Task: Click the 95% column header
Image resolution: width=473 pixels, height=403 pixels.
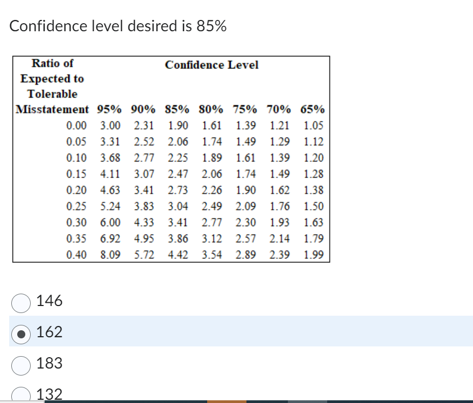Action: click(109, 110)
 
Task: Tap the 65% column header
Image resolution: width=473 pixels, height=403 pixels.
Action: click(313, 110)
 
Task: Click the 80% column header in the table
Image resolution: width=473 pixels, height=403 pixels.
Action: click(211, 110)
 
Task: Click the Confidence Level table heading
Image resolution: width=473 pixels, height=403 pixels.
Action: click(211, 65)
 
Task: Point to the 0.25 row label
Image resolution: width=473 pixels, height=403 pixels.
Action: click(76, 206)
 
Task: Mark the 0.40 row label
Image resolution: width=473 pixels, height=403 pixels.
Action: click(76, 254)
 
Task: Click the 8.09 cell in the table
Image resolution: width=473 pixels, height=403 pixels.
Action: click(110, 254)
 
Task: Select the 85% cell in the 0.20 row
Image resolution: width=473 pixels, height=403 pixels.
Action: click(178, 190)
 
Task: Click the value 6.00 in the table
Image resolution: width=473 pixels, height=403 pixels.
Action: click(110, 223)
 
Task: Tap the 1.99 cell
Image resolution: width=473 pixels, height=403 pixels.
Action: click(313, 254)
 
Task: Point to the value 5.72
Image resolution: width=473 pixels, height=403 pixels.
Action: click(144, 254)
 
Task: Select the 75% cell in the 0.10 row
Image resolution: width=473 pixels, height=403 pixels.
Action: click(245, 158)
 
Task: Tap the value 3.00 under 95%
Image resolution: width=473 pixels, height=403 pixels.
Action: click(110, 126)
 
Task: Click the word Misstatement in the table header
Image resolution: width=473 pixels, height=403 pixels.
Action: click(52, 110)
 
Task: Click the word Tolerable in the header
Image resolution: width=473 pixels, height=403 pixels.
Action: click(52, 94)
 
